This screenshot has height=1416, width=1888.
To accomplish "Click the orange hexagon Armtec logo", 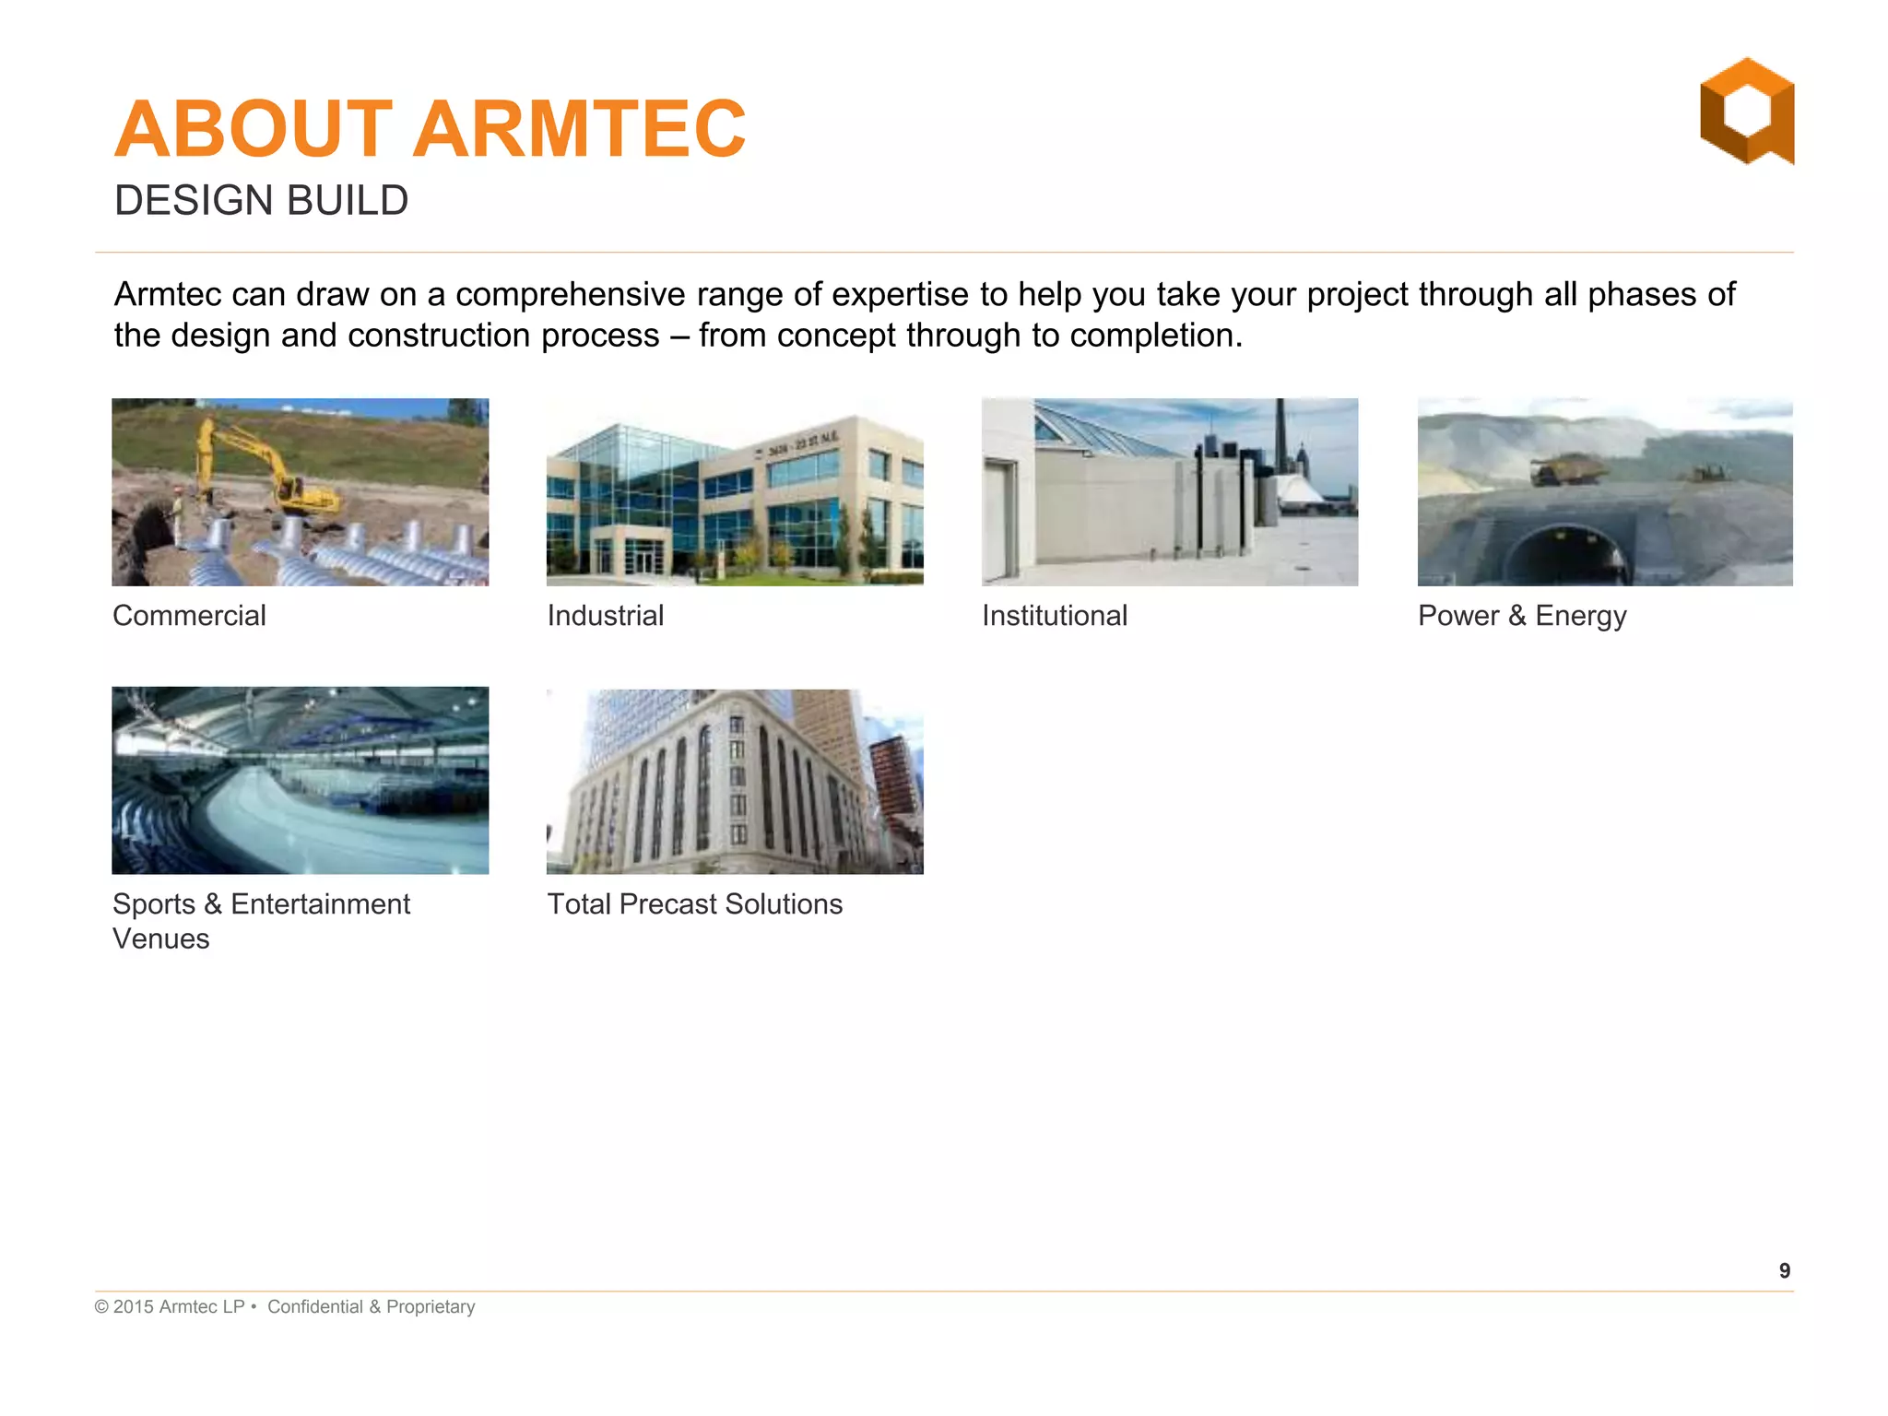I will (x=1746, y=111).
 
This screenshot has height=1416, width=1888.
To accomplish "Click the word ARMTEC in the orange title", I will (x=579, y=129).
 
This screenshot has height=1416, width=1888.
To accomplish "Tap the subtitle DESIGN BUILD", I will (x=261, y=201).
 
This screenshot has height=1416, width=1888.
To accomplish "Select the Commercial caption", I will (x=189, y=616).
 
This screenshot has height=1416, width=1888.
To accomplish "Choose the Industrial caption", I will (x=605, y=616).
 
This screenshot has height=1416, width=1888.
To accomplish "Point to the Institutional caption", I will (x=1054, y=616).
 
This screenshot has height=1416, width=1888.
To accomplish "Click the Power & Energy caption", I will (x=1521, y=616).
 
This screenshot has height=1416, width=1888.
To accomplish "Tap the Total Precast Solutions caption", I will (x=694, y=904).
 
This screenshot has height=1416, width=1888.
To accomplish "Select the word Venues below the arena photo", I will (x=160, y=939).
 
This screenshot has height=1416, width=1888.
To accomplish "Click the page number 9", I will (x=1784, y=1271).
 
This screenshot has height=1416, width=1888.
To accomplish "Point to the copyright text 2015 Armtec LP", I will (x=178, y=1307).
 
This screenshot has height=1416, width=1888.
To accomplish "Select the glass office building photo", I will (x=735, y=492).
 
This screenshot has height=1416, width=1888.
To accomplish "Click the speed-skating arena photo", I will (x=300, y=780).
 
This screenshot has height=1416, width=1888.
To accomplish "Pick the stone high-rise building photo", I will (x=735, y=782).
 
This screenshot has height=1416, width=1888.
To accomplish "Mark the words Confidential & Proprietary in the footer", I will (x=371, y=1307).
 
